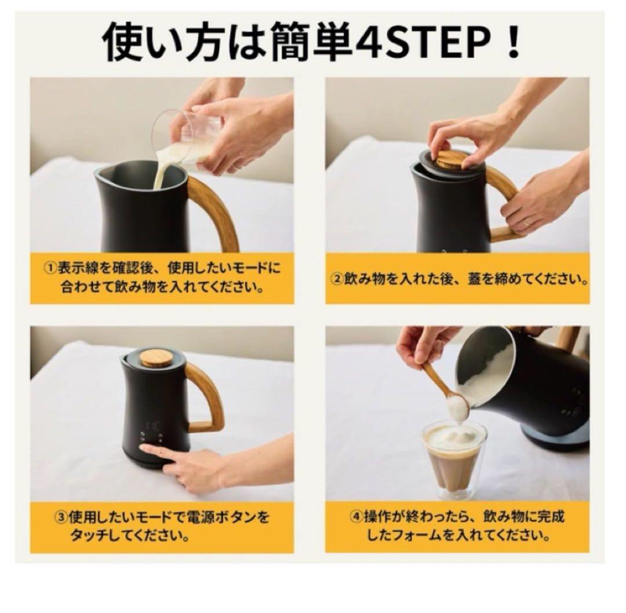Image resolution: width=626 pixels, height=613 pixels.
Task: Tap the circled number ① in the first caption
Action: [50, 268]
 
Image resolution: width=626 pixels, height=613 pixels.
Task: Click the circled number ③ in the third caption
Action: [61, 516]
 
